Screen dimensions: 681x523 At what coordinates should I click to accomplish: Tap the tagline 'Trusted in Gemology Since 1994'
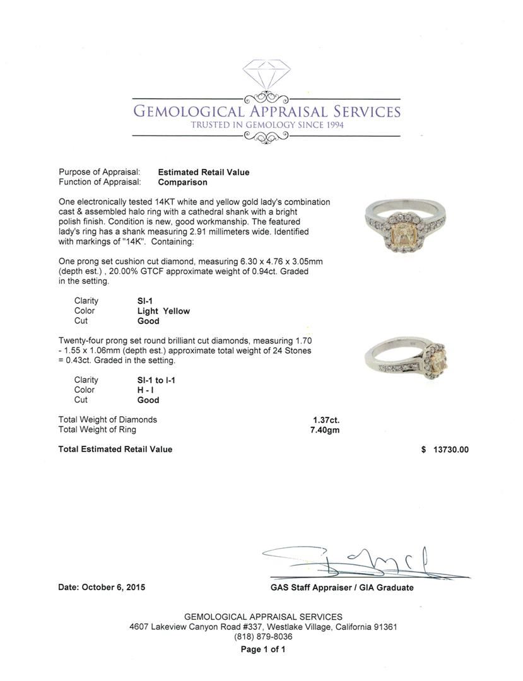(x=266, y=125)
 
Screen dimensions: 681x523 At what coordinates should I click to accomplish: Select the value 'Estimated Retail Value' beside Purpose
(x=203, y=172)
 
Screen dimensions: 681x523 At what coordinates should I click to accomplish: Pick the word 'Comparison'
(x=182, y=182)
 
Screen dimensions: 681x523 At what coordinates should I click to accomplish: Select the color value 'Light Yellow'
(x=163, y=311)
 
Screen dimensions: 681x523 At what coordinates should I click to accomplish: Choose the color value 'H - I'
(x=146, y=390)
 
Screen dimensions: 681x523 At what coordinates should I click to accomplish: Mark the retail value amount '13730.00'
(x=450, y=450)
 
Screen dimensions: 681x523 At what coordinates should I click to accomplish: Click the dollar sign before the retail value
(x=423, y=450)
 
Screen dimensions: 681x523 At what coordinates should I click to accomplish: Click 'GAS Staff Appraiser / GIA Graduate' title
(x=341, y=588)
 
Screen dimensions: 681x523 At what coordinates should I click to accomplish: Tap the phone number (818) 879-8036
(x=263, y=637)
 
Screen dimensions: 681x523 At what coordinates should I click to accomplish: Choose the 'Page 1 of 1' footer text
(x=263, y=649)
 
